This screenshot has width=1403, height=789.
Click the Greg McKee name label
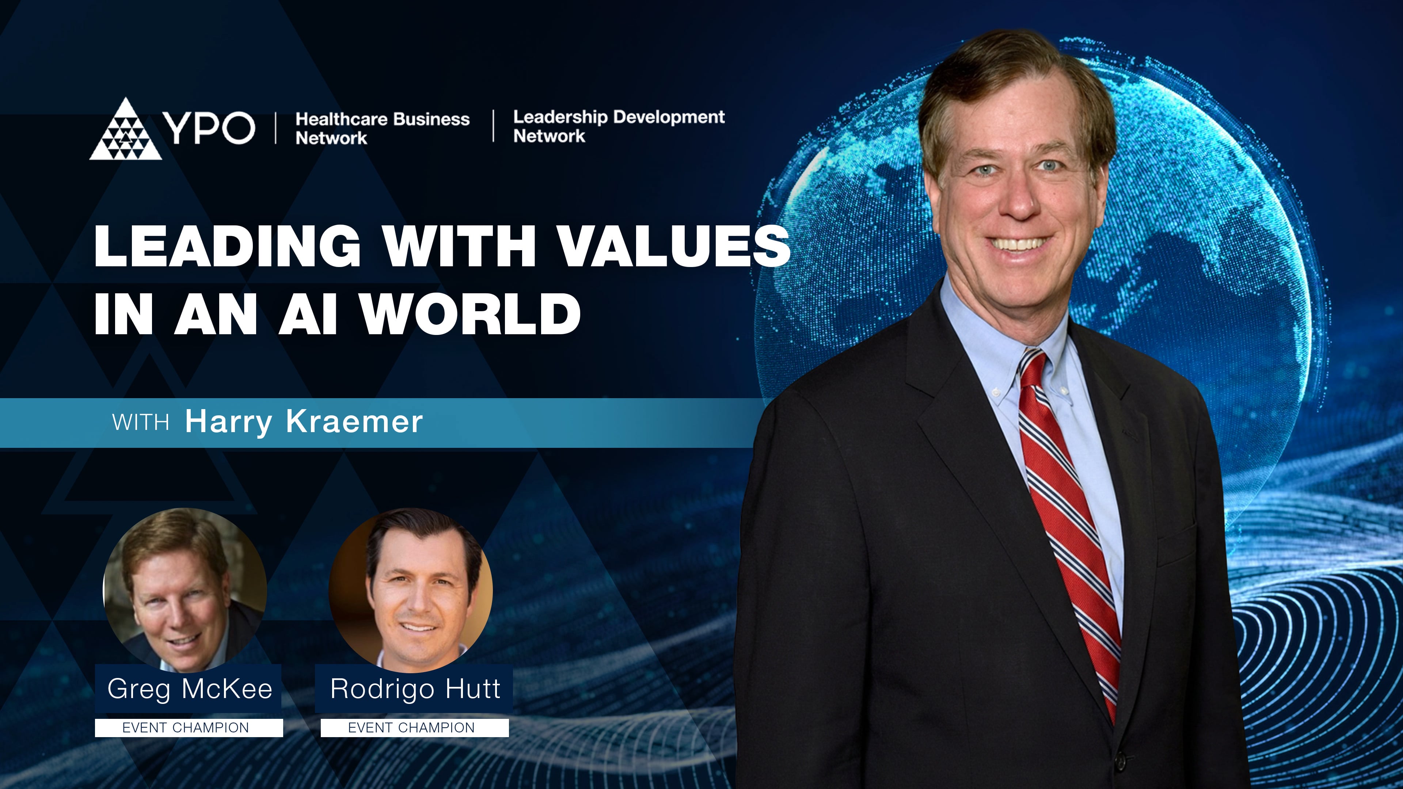click(x=189, y=689)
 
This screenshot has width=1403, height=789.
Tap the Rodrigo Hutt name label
click(x=415, y=689)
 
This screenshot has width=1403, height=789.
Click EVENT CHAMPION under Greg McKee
click(x=186, y=728)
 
